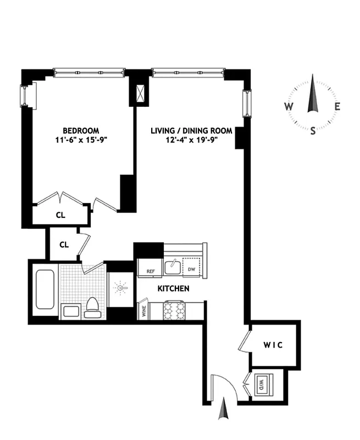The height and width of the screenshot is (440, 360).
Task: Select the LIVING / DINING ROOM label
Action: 191,131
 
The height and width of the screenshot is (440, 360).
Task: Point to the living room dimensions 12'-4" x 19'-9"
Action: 191,140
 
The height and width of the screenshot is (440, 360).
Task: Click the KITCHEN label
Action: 174,288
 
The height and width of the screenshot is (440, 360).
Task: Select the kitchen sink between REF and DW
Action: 173,267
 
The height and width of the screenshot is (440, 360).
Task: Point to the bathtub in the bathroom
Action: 45,290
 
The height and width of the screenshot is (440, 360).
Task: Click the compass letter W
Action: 289,107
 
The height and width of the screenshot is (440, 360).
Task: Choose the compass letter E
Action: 337,107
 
